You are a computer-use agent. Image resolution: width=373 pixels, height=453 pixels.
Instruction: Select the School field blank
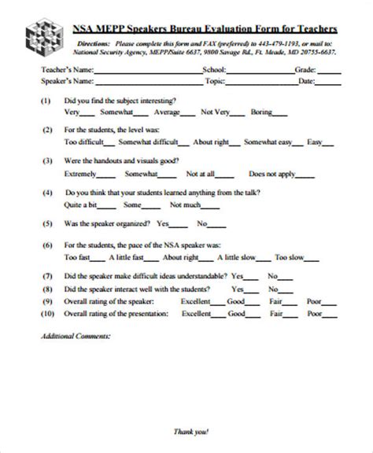pyautogui.click(x=260, y=71)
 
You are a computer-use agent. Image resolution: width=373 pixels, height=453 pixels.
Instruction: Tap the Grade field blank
pyautogui.click(x=329, y=71)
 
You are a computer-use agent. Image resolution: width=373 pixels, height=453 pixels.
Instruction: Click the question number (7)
pyautogui.click(x=46, y=276)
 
